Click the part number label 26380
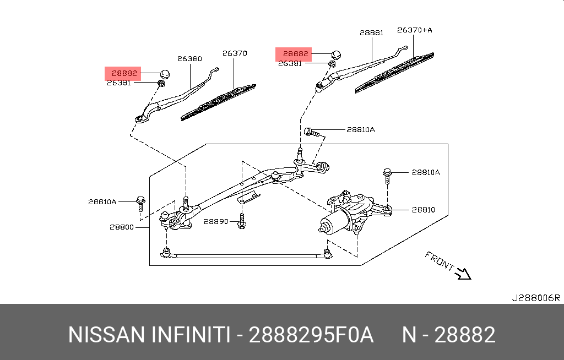189,58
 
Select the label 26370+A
414,31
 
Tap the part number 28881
371,33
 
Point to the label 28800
121,227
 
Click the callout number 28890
215,221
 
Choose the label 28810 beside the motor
424,210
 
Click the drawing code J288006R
535,298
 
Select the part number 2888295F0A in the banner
311,335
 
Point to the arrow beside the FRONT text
463,273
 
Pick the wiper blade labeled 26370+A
394,72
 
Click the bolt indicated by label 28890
241,223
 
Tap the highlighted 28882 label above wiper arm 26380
124,73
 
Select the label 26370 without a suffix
235,53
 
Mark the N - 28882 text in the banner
448,335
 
